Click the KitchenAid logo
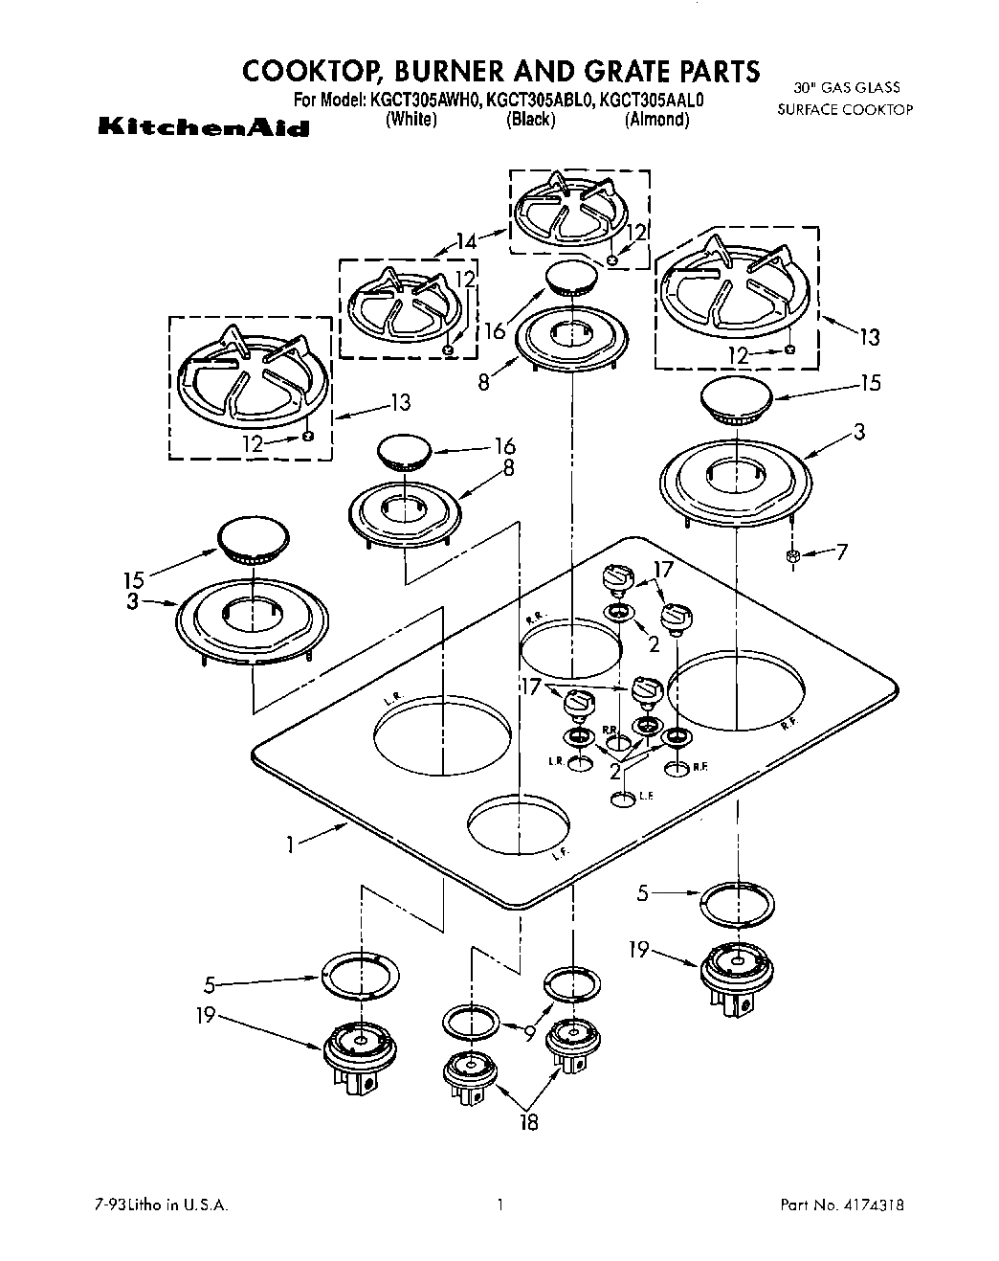[203, 128]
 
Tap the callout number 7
[841, 552]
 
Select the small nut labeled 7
[792, 556]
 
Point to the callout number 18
[528, 1122]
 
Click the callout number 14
[466, 242]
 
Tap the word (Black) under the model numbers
[530, 120]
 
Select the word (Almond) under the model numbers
[656, 120]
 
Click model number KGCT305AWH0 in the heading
[424, 100]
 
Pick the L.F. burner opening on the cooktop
[518, 822]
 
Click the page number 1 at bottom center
[499, 1205]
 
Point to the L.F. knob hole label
[646, 797]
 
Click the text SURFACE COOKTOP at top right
[845, 109]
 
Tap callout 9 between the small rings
[529, 1031]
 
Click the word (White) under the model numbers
[411, 120]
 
